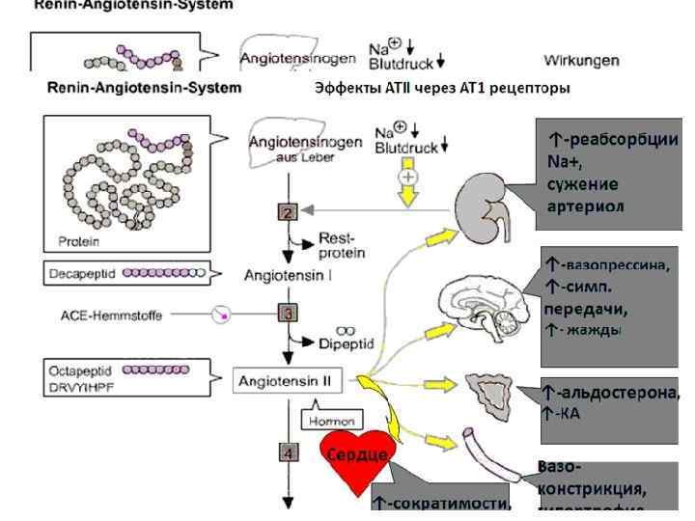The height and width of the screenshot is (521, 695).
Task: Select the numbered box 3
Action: click(287, 313)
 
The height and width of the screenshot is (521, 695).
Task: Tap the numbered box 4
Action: click(287, 452)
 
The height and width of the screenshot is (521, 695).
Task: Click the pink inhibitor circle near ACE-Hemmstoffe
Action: click(223, 315)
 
